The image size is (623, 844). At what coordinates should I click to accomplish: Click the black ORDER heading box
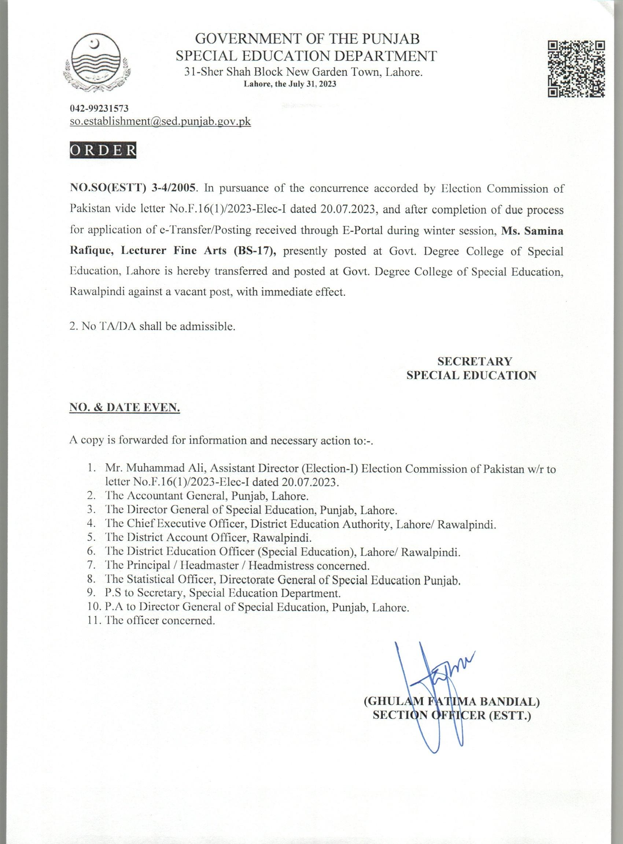pyautogui.click(x=103, y=150)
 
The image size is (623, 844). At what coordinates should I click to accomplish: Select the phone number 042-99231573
pyautogui.click(x=99, y=109)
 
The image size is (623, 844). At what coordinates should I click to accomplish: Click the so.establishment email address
pyautogui.click(x=160, y=122)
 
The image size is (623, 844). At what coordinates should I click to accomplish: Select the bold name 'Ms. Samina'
pyautogui.click(x=532, y=231)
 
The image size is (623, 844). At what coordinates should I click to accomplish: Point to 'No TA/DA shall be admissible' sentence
pyautogui.click(x=152, y=326)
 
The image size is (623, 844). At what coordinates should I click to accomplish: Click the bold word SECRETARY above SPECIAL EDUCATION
pyautogui.click(x=475, y=361)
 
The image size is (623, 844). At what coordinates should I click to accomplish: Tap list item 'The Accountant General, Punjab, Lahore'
pyautogui.click(x=207, y=496)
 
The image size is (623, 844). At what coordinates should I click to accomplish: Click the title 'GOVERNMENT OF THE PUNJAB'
pyautogui.click(x=309, y=39)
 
